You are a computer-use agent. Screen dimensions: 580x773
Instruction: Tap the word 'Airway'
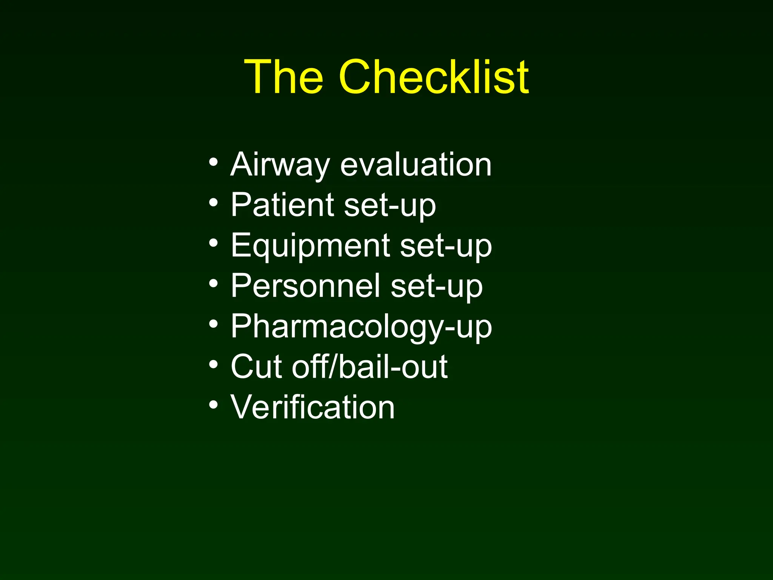pos(280,165)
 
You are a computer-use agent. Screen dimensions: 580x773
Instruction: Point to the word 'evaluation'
pos(416,165)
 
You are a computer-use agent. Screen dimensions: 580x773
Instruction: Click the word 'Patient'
pos(282,205)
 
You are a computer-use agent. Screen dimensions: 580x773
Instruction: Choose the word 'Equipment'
pos(310,245)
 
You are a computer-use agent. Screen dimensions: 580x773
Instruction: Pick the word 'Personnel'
pos(305,286)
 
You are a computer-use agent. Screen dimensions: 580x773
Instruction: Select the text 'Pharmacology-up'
pos(361,327)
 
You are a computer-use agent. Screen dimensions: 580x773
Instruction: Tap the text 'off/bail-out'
pos(370,367)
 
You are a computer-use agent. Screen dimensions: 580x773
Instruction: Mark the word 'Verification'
pos(313,407)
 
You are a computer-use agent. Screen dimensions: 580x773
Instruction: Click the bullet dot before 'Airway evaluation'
pos(213,163)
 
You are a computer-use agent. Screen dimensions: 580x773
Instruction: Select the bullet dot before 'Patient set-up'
pos(213,203)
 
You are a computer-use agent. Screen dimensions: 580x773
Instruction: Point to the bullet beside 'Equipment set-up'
pos(213,244)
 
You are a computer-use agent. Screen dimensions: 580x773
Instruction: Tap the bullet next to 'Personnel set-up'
pos(213,284)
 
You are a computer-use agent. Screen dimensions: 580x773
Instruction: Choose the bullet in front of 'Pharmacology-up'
pos(213,324)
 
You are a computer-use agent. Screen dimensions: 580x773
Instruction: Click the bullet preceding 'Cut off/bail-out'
pos(213,365)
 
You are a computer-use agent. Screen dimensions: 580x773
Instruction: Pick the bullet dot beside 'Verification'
pos(213,405)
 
